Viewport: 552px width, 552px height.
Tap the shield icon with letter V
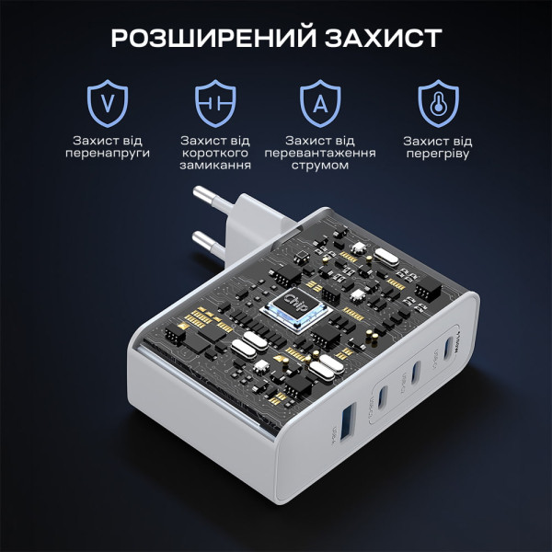[108, 103]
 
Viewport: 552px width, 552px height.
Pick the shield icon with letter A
[320, 104]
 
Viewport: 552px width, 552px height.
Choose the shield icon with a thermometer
[438, 103]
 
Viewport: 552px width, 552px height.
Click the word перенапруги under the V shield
[108, 154]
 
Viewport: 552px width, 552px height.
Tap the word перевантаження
[319, 154]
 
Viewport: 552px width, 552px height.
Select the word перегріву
[438, 154]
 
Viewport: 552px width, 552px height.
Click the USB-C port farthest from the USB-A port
[447, 349]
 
